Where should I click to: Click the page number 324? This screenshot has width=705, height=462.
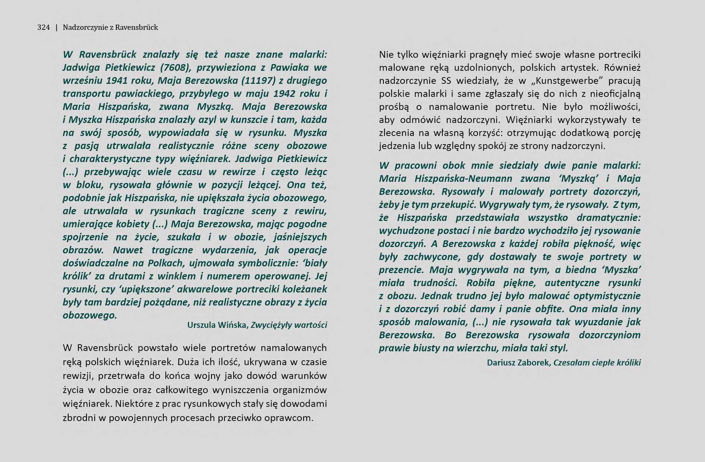[x=43, y=27]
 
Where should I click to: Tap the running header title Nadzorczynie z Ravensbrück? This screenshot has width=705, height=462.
[x=110, y=27]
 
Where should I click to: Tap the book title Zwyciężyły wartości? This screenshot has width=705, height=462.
[x=289, y=325]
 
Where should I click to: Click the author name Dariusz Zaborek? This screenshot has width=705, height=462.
[x=518, y=363]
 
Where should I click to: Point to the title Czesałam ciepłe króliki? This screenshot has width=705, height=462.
[x=597, y=363]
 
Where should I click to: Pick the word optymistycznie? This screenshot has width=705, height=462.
[x=607, y=296]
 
